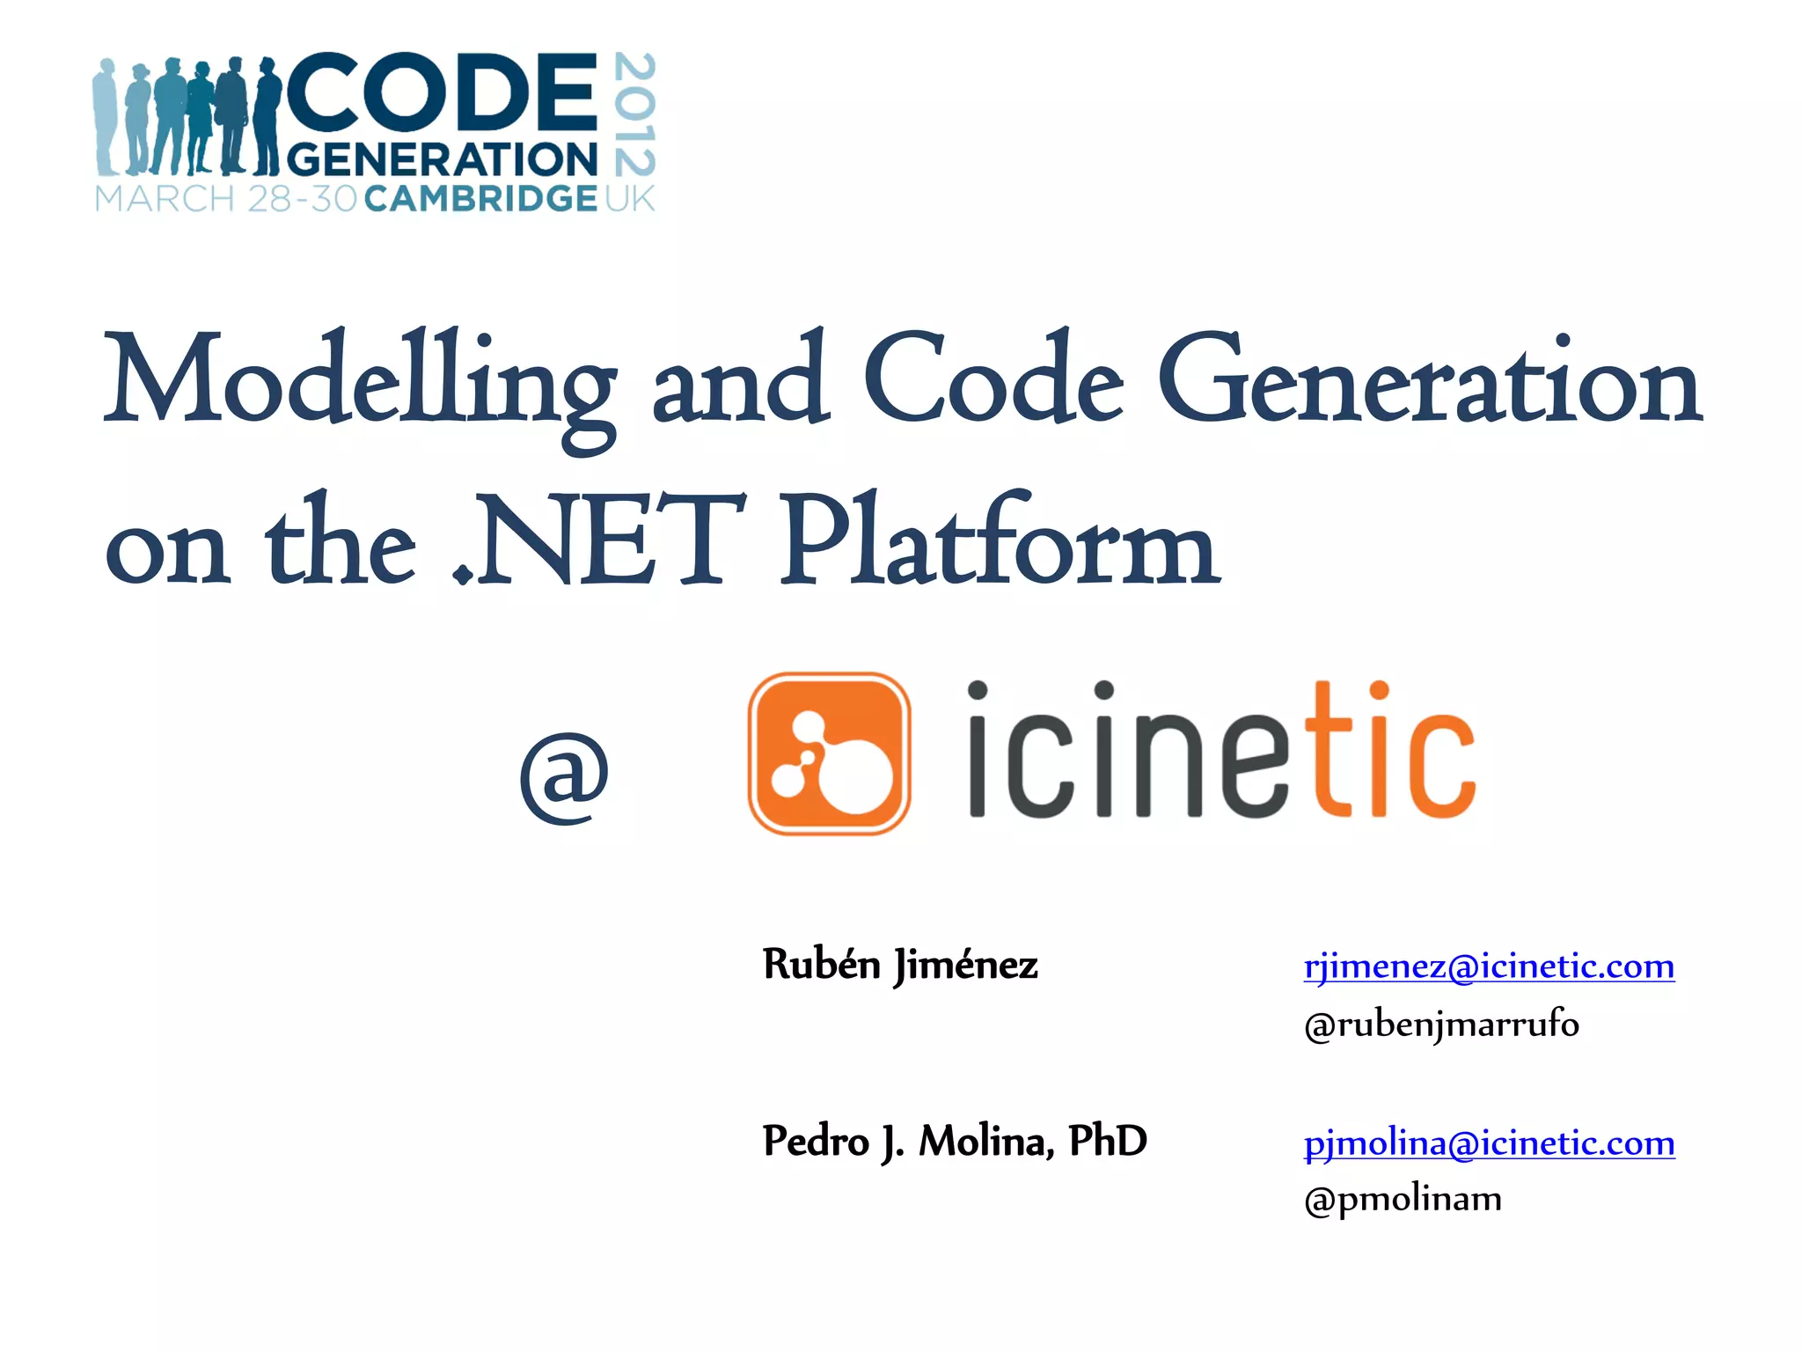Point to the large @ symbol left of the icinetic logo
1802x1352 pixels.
[564, 776]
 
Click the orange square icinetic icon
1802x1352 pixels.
[828, 753]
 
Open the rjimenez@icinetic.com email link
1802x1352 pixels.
[1489, 966]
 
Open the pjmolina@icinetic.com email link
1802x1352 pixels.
[1489, 1143]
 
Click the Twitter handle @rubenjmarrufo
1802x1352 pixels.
[1441, 1025]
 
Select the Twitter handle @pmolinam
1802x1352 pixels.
[1403, 1199]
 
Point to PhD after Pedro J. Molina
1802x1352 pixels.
[1108, 1141]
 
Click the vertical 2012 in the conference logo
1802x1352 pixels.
[634, 114]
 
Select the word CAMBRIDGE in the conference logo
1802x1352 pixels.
[480, 199]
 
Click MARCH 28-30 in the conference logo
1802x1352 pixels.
[225, 199]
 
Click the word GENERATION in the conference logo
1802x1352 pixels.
[442, 160]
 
